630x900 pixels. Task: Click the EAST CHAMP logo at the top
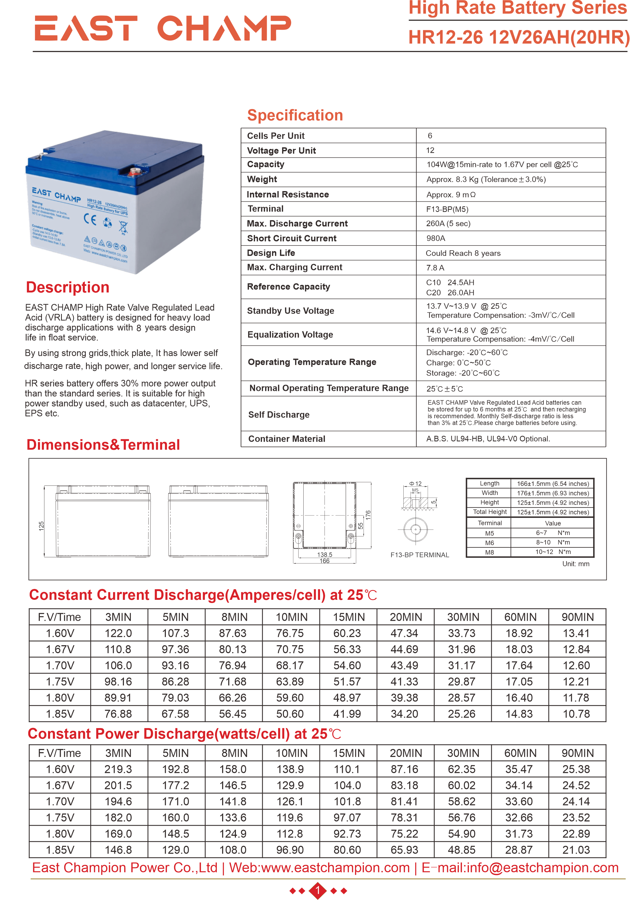click(163, 28)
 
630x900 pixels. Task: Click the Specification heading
click(295, 115)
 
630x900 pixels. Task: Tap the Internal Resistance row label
click(287, 195)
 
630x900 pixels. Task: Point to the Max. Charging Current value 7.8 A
click(435, 268)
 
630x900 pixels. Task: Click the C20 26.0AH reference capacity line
click(450, 293)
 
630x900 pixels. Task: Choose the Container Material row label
click(287, 439)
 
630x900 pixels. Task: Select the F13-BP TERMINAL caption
click(420, 555)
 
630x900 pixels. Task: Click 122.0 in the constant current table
click(118, 633)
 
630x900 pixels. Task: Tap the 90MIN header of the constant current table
click(577, 617)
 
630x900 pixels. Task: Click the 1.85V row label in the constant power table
click(60, 850)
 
